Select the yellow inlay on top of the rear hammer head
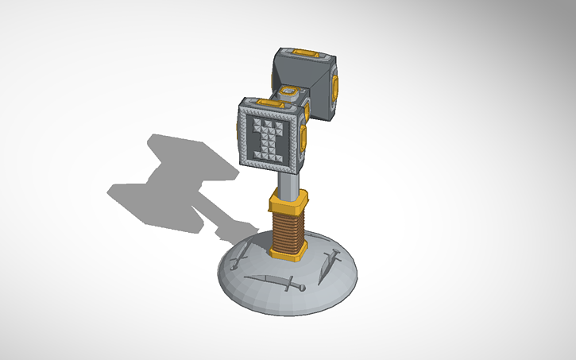pos(305,54)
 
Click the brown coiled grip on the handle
pos(288,226)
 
